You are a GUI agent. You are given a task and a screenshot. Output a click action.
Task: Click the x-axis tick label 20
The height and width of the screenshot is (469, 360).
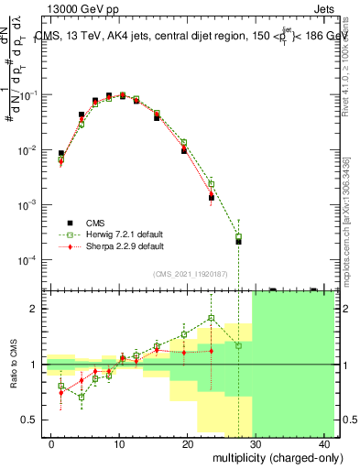(187, 443)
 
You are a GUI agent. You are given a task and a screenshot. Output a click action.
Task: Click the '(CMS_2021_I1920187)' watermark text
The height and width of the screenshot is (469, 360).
(189, 274)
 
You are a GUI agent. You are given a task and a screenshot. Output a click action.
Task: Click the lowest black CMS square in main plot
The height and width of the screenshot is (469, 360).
(238, 242)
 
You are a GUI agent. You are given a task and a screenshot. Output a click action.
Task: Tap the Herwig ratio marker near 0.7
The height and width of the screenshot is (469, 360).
(82, 397)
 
